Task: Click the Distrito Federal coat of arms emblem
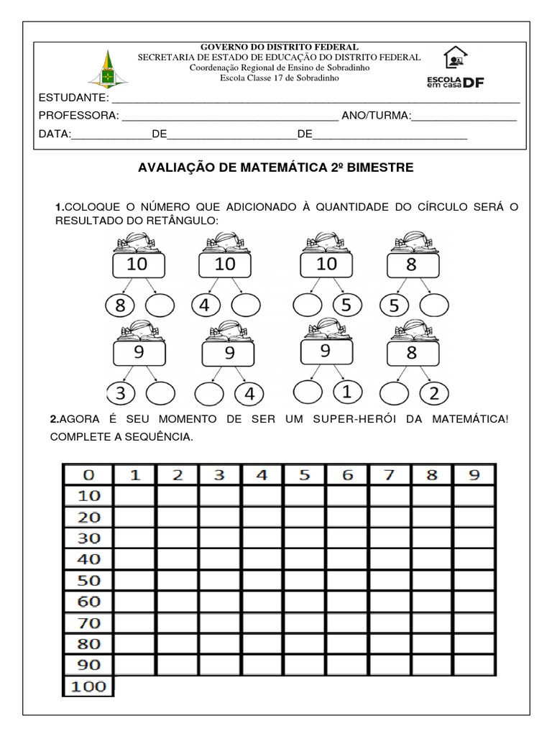pyautogui.click(x=106, y=68)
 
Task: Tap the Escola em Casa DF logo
pyautogui.click(x=455, y=68)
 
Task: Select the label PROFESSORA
pyautogui.click(x=78, y=116)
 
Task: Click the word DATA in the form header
pyautogui.click(x=55, y=134)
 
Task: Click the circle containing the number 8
pyautogui.click(x=120, y=306)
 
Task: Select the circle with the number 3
pyautogui.click(x=120, y=393)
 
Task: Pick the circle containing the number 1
pyautogui.click(x=346, y=392)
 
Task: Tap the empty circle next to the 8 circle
pyautogui.click(x=160, y=306)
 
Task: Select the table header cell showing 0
pyautogui.click(x=88, y=475)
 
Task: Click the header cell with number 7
pyautogui.click(x=389, y=475)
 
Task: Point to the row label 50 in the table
pyautogui.click(x=88, y=581)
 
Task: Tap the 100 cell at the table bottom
pyautogui.click(x=88, y=686)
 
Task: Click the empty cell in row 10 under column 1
pyautogui.click(x=135, y=496)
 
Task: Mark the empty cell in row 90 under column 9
pyautogui.click(x=474, y=665)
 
